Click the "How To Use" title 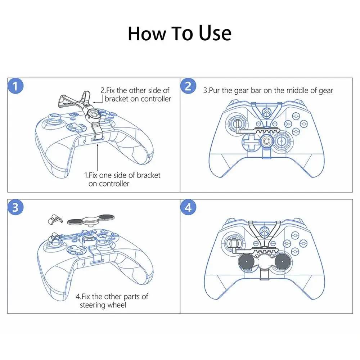pos(179,33)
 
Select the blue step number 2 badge pos(188,86)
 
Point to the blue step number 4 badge pos(188,207)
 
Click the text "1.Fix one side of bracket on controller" pos(122,179)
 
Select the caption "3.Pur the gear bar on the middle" pos(268,90)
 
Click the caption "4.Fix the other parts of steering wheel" pos(112,301)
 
